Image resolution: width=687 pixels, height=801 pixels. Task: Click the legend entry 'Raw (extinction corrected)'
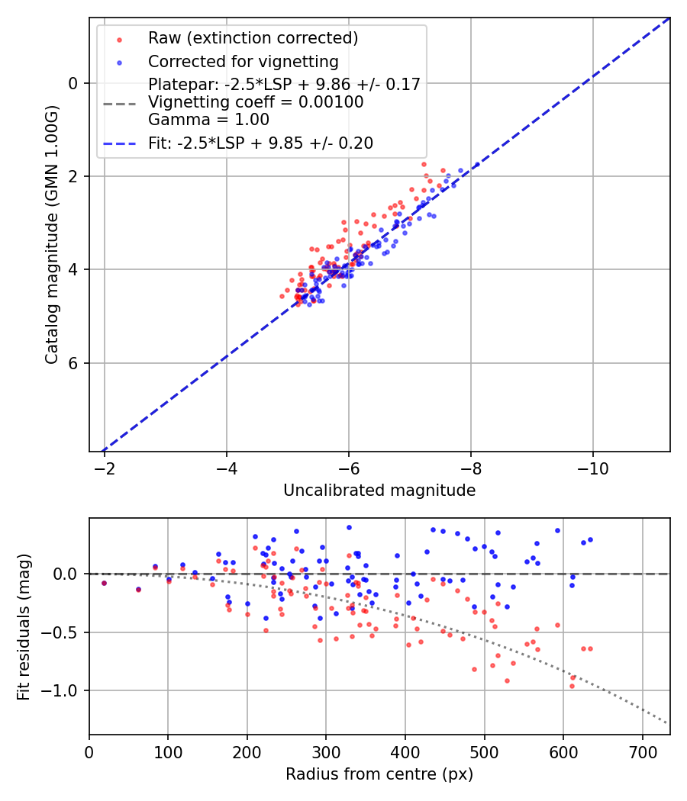253,38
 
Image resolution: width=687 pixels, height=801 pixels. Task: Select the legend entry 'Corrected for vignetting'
243,61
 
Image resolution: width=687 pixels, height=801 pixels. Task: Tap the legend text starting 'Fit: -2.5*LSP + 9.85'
260,143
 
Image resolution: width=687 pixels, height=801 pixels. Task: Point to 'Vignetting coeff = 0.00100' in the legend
256,102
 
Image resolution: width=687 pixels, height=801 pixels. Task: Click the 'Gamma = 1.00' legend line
208,120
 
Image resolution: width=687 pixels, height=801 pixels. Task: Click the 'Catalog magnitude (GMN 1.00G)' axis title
51,233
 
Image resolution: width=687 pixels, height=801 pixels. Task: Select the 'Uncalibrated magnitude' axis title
379,491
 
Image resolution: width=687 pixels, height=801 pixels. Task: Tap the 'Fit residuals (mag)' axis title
24,626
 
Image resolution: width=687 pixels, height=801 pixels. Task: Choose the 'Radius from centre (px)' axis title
379,774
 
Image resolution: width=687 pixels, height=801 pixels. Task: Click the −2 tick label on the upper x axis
105,468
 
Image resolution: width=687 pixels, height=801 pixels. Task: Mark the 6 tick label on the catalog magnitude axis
74,363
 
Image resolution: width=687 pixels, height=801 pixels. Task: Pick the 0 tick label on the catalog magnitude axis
74,83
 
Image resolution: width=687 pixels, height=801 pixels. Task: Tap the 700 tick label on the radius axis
642,751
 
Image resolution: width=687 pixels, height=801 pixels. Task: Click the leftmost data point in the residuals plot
104,583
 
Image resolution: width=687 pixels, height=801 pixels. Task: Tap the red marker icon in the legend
118,38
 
